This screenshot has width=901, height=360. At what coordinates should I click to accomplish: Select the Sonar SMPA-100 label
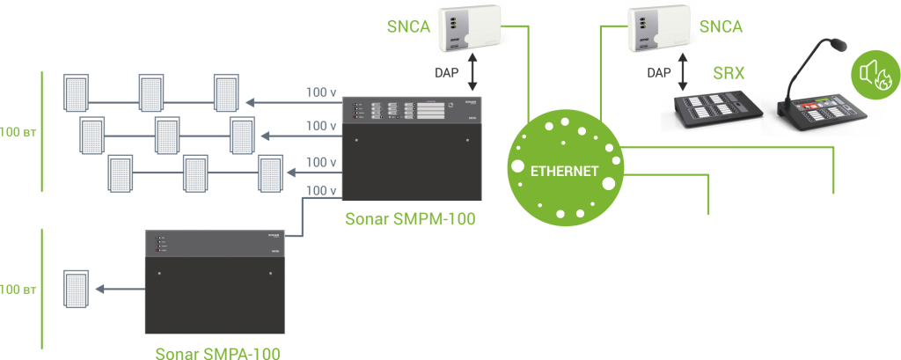(218, 353)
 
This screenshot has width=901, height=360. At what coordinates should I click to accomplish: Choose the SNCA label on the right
(721, 26)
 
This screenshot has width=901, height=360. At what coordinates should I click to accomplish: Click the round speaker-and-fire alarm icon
(871, 72)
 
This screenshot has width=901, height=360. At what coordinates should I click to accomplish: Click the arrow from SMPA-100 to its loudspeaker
(119, 289)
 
